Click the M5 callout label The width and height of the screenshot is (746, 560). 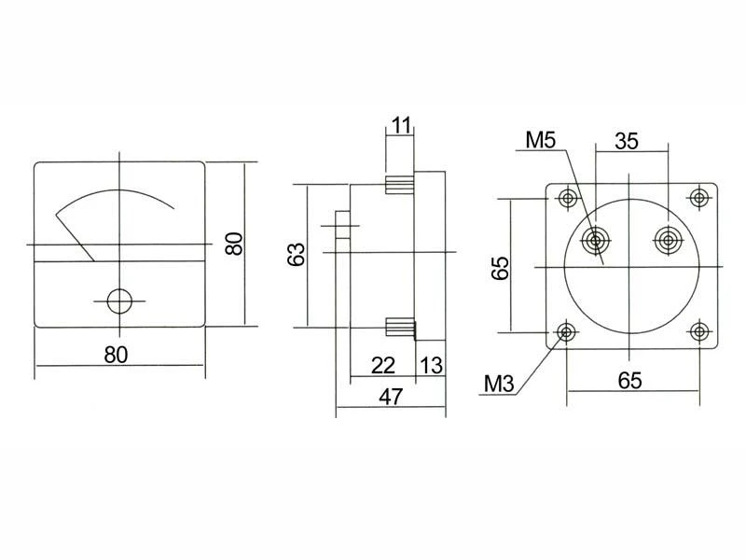point(541,140)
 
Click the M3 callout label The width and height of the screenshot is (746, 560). point(499,384)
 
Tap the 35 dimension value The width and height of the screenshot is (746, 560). point(626,141)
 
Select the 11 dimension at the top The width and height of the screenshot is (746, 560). point(401,126)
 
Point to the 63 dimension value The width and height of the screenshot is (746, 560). point(296,254)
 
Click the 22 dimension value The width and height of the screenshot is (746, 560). point(383,366)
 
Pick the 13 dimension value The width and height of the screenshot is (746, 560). point(432,366)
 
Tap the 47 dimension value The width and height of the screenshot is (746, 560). point(391,396)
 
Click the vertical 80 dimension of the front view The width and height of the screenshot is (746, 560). point(234,244)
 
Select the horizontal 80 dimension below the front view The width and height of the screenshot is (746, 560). point(116,355)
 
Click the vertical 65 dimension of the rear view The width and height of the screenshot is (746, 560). point(501,268)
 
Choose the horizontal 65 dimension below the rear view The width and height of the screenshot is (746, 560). point(630,381)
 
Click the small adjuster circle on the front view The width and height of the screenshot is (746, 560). point(119,301)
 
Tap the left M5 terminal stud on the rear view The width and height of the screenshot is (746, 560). point(595,241)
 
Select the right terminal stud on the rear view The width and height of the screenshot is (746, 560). point(669,240)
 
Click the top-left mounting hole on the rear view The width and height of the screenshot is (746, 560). point(568,198)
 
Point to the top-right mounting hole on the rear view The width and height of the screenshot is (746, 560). point(698,197)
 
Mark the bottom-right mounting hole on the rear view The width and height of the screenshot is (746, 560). point(699,331)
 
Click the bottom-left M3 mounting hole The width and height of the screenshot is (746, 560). point(567,331)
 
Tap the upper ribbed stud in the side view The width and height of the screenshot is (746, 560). point(399,185)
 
